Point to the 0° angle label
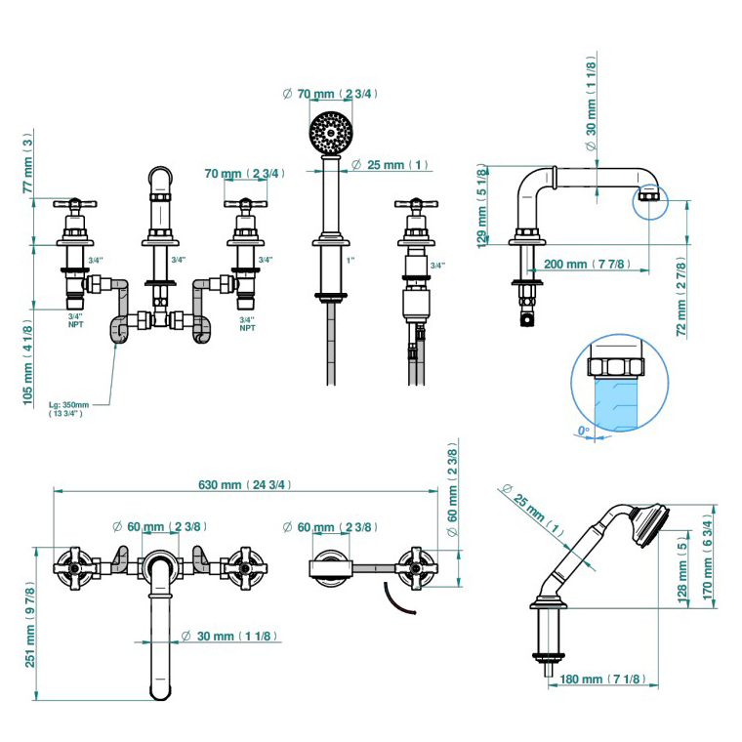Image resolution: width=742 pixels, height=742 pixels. pos(584,431)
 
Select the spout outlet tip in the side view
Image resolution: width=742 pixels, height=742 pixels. pos(648,204)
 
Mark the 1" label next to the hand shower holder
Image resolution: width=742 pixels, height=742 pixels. pos(350,261)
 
